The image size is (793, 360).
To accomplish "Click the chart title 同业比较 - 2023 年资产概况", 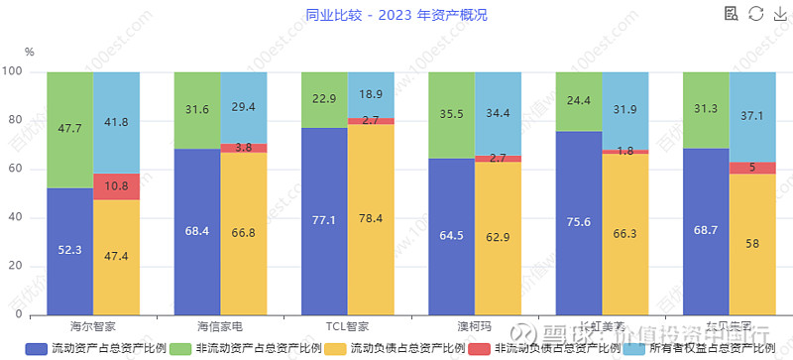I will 396,15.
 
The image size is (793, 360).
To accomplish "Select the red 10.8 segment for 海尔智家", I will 117,186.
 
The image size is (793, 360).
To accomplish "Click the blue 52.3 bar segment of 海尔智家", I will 70,251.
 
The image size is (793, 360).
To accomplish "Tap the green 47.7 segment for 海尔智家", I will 70,130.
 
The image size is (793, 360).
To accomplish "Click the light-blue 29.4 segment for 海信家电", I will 244,107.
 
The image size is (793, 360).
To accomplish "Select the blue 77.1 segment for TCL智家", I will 324,221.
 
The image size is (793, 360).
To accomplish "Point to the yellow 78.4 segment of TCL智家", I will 371,219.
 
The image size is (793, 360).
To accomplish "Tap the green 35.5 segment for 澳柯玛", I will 451,115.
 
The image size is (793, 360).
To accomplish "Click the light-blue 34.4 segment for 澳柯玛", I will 498,113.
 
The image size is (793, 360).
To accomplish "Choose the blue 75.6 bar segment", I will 579,222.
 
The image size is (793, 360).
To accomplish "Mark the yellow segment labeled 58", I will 752,244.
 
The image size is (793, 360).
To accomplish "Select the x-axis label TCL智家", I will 348,325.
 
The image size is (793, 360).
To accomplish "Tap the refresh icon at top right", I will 755,14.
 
